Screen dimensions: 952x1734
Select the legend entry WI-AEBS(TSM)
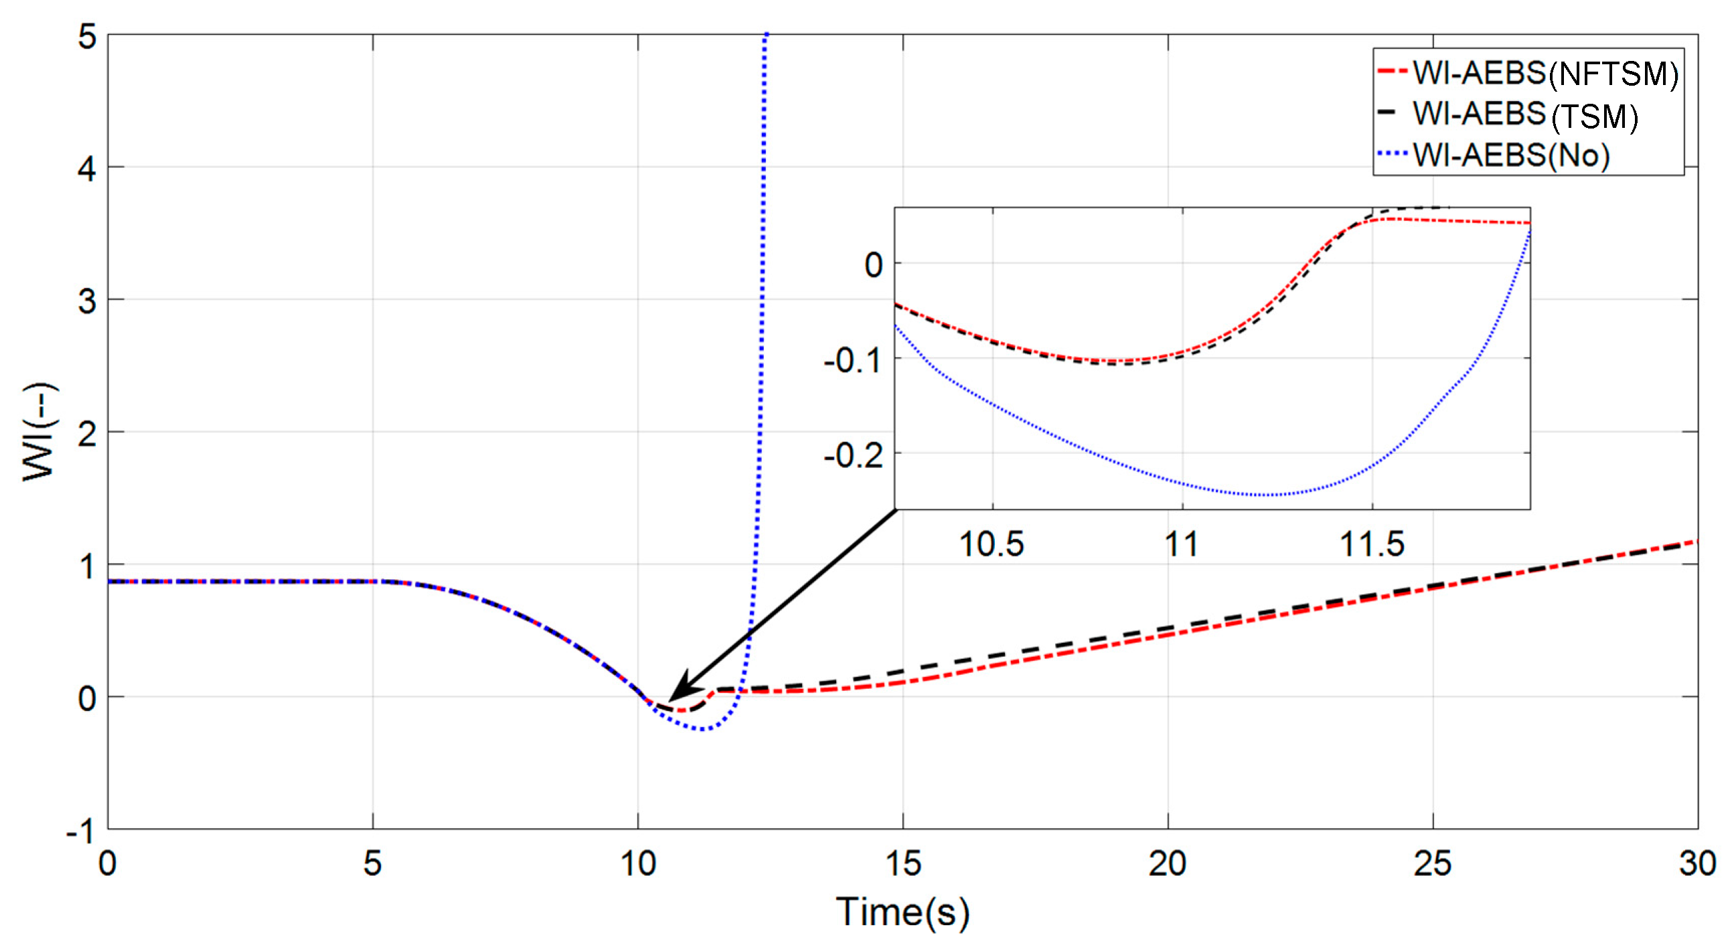[1524, 115]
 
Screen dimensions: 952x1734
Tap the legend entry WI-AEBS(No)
[1510, 155]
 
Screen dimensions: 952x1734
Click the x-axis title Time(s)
[902, 913]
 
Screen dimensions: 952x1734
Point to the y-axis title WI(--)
[40, 432]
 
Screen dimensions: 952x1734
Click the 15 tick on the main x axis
[902, 864]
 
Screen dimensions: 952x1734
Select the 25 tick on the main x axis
[1432, 864]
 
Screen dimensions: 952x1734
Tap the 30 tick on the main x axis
[1697, 864]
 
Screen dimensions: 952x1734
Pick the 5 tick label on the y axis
[87, 36]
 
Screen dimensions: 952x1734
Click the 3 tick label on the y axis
[87, 301]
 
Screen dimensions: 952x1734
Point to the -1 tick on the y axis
[81, 832]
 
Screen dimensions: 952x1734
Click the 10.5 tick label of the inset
[992, 544]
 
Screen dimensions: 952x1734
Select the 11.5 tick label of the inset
[1372, 544]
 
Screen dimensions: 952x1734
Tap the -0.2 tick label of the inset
[854, 457]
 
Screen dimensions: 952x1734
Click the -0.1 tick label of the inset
[854, 362]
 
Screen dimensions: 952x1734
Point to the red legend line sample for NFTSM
[1392, 72]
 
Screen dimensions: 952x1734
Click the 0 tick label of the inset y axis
[873, 265]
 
